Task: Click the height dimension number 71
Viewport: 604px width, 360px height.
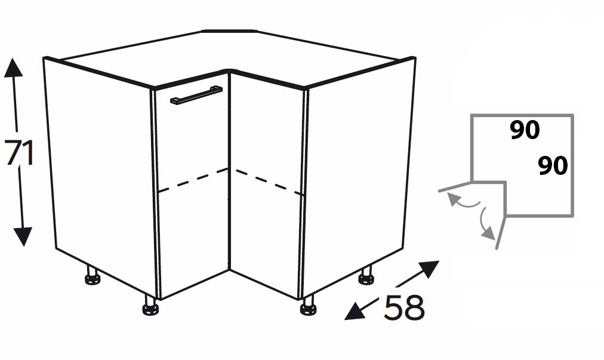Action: [x=19, y=153]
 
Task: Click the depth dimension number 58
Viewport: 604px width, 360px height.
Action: [x=404, y=307]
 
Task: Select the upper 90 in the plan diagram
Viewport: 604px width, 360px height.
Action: [x=525, y=130]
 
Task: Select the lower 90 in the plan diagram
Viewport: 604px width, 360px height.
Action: [x=553, y=166]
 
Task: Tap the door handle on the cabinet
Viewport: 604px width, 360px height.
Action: [x=196, y=95]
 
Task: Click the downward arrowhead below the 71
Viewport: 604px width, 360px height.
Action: [x=23, y=236]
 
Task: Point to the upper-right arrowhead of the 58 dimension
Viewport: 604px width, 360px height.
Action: [x=429, y=269]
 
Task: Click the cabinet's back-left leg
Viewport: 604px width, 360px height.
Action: [x=92, y=275]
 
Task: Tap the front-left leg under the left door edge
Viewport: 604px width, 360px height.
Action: [x=150, y=305]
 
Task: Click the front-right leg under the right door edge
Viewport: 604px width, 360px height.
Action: [x=308, y=305]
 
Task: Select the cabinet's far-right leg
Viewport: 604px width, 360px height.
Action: [x=366, y=275]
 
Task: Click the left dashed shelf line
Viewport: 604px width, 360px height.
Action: [x=193, y=180]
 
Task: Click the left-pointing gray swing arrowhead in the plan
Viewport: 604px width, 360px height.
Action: [x=453, y=199]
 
